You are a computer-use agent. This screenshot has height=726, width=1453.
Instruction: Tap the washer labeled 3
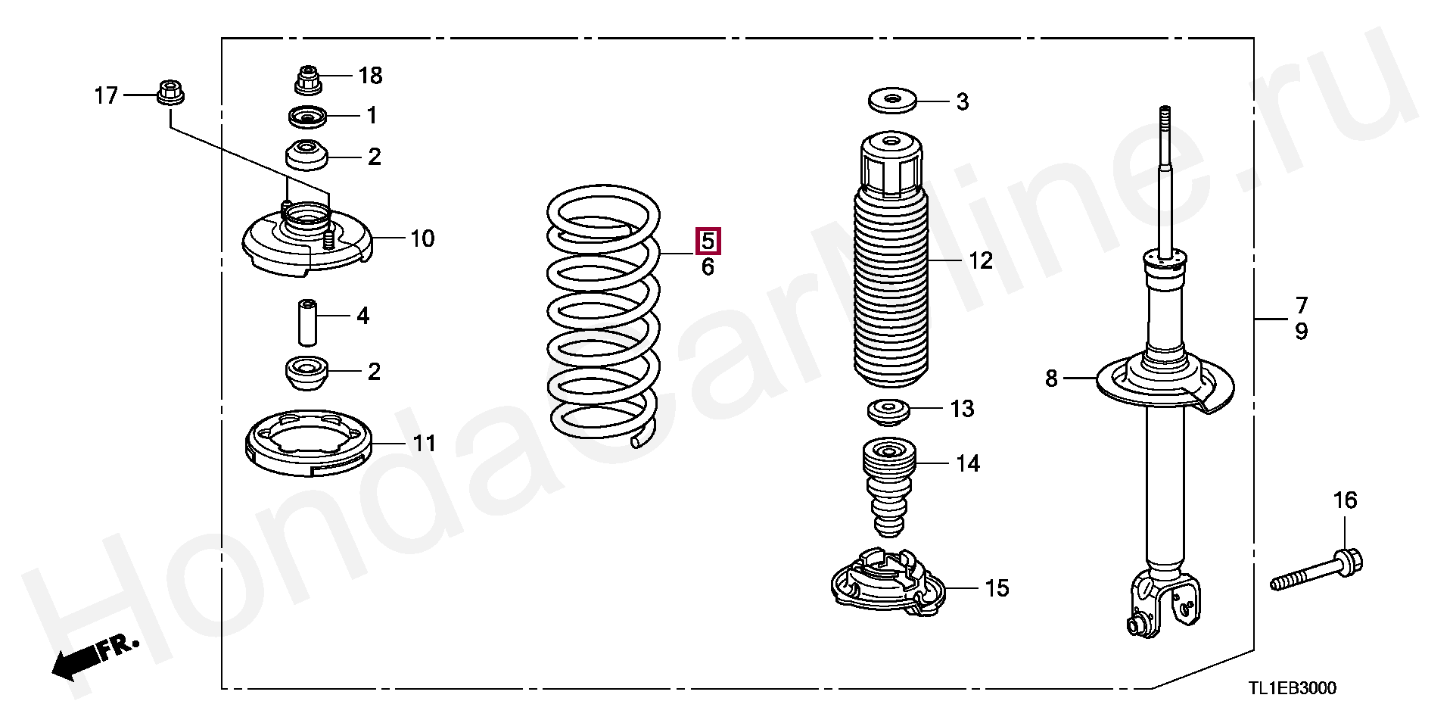891,100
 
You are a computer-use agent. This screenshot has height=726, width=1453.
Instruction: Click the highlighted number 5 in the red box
708,241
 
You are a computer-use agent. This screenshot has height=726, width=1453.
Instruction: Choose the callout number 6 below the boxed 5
708,267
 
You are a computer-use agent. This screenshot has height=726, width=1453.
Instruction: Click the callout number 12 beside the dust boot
981,261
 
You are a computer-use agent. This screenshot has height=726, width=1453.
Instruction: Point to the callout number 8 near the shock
1051,378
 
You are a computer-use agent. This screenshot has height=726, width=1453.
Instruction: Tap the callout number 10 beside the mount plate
422,239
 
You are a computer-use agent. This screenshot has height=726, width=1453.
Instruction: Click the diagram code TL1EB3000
1293,688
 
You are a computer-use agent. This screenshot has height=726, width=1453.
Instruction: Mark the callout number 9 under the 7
1301,332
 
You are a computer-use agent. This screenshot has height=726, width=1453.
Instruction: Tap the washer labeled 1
306,117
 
